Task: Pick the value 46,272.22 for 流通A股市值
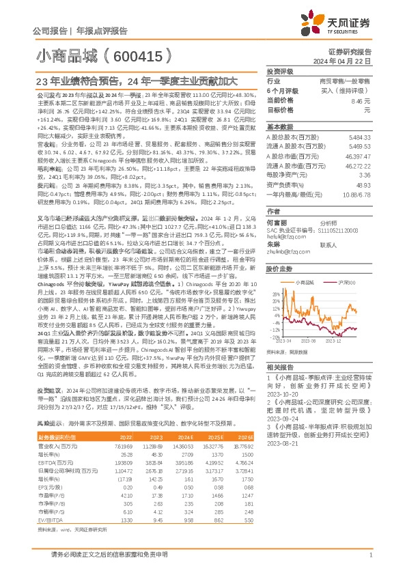coord(377,166)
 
